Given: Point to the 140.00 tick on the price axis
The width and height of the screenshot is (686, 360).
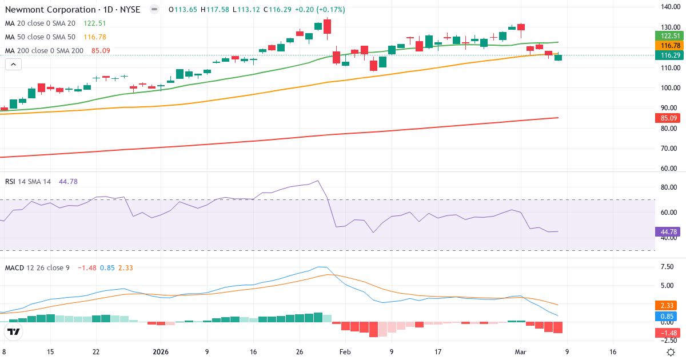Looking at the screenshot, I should [x=669, y=7].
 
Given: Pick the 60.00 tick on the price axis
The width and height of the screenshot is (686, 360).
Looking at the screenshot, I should [x=669, y=169].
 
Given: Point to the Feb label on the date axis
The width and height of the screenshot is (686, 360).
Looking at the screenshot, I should [x=345, y=352].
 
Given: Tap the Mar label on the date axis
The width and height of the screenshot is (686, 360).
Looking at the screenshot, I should [x=520, y=352].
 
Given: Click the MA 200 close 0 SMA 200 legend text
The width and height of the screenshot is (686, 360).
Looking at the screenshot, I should [x=45, y=51].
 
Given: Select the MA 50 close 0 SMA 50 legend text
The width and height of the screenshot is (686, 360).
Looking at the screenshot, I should [x=40, y=37].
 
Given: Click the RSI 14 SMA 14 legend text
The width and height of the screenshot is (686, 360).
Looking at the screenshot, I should [x=28, y=182].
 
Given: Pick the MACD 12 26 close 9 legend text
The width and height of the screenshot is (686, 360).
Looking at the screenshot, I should [x=37, y=267].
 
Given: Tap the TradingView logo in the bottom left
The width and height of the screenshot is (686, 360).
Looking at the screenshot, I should [x=14, y=331].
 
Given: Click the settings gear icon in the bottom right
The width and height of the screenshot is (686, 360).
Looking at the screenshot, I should [x=672, y=352].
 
